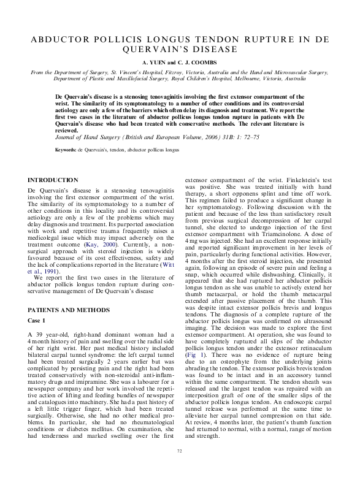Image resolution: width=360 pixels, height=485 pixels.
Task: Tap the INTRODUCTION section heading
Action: (x=53, y=180)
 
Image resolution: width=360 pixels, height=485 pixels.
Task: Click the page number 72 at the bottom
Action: (x=180, y=469)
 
